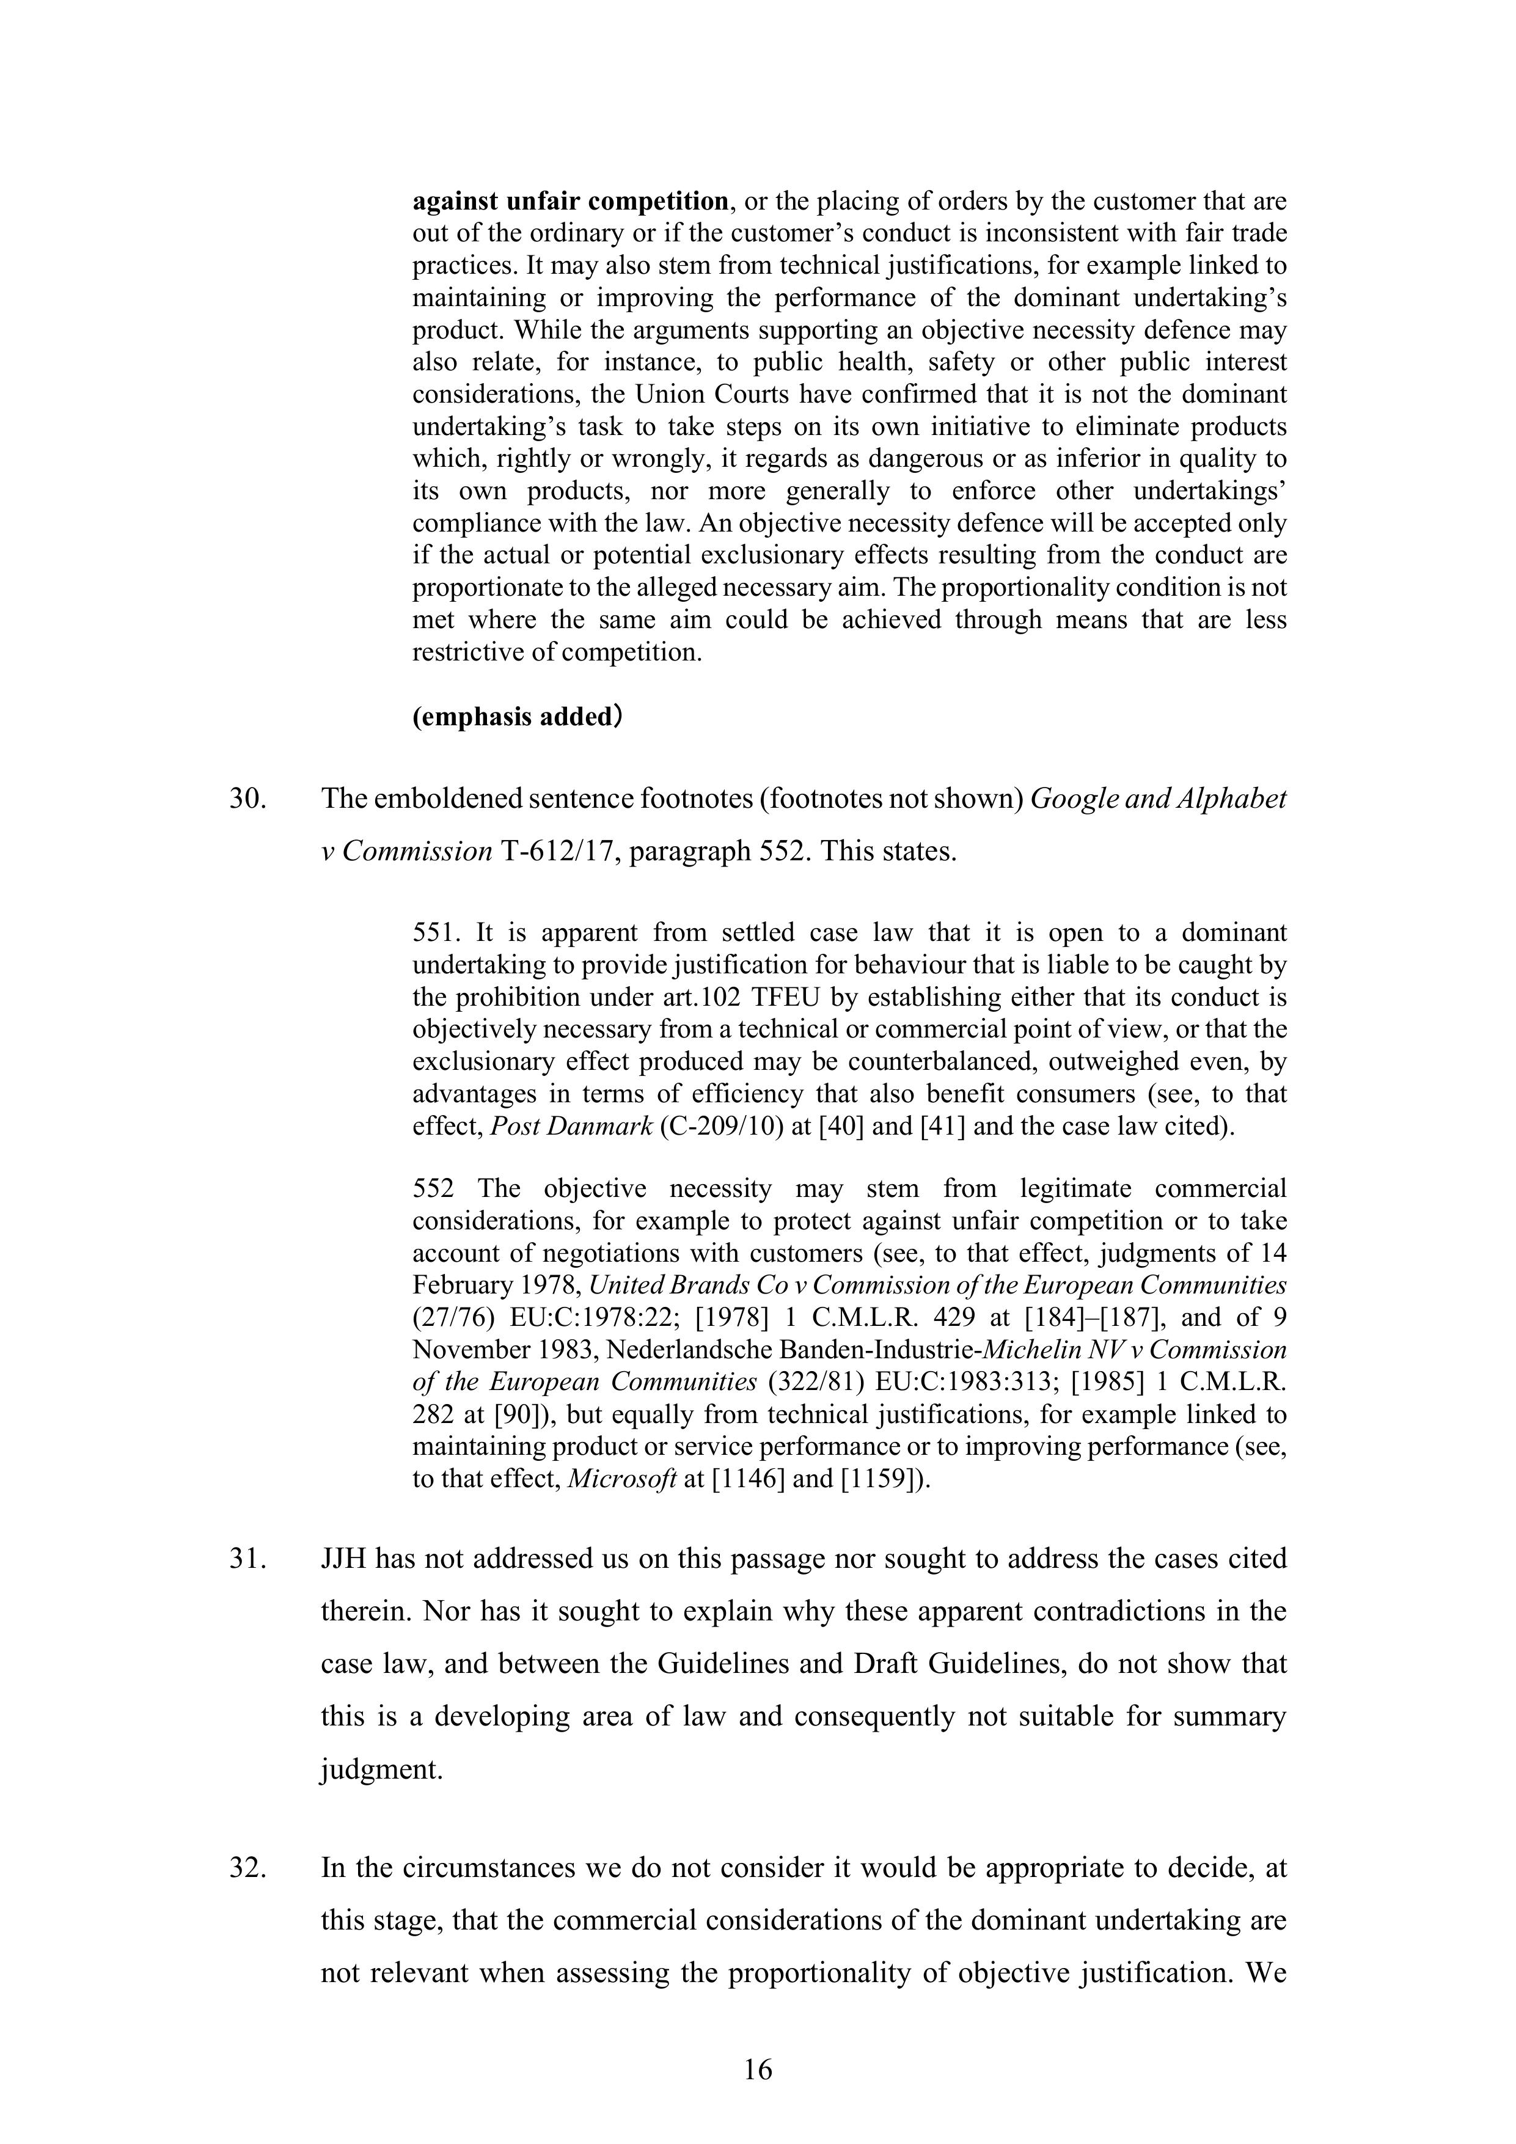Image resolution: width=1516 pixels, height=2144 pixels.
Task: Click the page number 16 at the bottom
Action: coord(758,2070)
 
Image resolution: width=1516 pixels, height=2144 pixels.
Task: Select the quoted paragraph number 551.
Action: coord(435,933)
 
